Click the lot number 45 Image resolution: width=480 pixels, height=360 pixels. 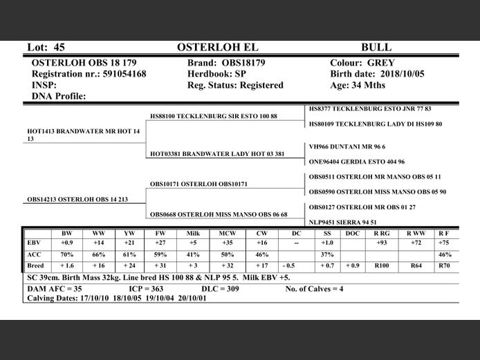click(x=58, y=48)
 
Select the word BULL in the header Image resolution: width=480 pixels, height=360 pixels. click(x=376, y=48)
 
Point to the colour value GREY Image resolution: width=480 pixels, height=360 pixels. click(x=381, y=62)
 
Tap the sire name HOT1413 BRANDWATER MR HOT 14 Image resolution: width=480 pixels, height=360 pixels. click(x=83, y=131)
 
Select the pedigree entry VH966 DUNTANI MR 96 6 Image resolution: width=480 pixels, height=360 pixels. click(x=347, y=146)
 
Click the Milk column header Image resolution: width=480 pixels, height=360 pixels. click(x=193, y=234)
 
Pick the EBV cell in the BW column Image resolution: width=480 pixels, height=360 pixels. click(x=66, y=243)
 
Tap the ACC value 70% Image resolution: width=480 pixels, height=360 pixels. click(x=66, y=254)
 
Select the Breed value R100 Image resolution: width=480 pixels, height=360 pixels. click(x=381, y=265)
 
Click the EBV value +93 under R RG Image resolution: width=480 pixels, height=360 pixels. click(x=381, y=243)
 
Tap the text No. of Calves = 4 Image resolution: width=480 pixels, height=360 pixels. click(x=314, y=289)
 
